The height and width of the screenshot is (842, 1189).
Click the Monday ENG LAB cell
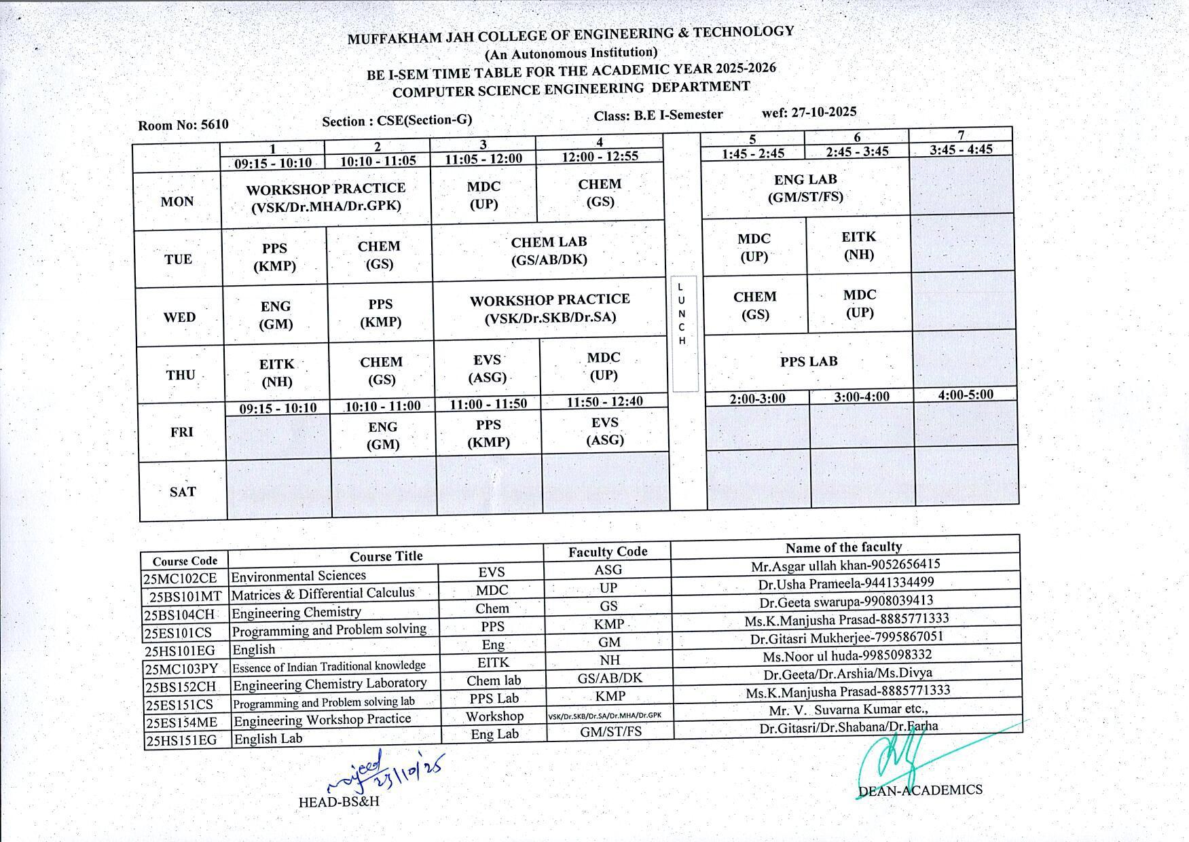pos(805,188)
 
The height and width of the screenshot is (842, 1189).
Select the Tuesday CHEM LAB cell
pos(549,251)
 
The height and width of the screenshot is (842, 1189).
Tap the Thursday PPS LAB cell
pos(809,361)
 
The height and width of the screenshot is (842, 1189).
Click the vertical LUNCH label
pos(682,314)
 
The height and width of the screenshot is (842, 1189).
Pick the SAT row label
pos(183,492)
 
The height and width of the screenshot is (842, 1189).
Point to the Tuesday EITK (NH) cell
pos(858,245)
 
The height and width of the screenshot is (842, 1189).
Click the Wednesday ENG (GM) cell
pos(276,315)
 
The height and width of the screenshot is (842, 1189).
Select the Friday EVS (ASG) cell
pos(605,431)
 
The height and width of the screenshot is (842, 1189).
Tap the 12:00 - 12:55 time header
pos(600,156)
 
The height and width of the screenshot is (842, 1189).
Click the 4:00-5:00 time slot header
pos(965,395)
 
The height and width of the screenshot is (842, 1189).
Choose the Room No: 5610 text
pos(183,125)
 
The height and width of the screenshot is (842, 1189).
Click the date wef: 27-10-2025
pos(809,112)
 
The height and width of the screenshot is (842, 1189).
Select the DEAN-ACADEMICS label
pos(920,790)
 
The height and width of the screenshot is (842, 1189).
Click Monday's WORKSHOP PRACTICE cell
pos(326,197)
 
